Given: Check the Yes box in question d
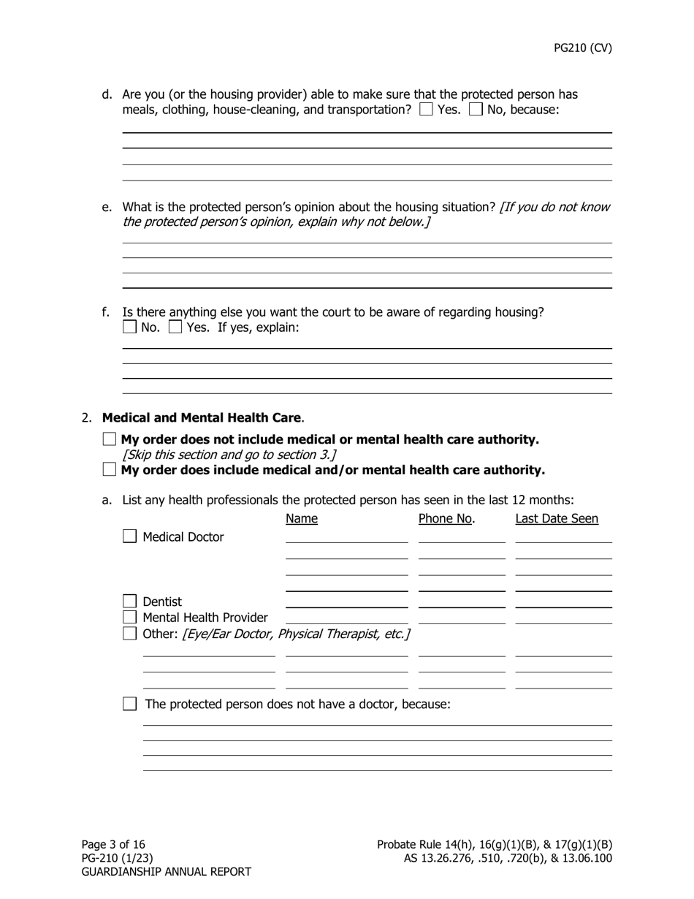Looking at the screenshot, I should point(426,110).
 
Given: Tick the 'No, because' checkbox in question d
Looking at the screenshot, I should point(476,110).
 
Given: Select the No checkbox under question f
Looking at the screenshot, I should point(129,327).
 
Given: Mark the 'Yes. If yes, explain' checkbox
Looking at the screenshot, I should point(175,327).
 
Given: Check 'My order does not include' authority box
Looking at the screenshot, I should point(110,439).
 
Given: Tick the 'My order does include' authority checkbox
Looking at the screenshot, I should point(110,469).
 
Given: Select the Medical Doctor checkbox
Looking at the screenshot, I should point(129,536).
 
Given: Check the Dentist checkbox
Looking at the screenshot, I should point(129,602).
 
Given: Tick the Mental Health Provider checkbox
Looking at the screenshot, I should point(129,618).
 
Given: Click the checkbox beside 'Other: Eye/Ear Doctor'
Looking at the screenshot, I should point(129,633).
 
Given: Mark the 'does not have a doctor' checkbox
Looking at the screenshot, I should point(129,704).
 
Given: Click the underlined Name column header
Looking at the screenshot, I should point(302,519).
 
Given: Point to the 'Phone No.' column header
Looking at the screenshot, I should point(446,519).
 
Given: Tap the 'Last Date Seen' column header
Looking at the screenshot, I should point(557,519).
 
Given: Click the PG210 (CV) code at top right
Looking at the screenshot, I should point(582,48).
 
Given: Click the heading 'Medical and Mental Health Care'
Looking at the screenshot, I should point(202,418).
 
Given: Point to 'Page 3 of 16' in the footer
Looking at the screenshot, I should point(113,844).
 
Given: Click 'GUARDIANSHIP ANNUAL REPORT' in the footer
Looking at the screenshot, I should point(166,871).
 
